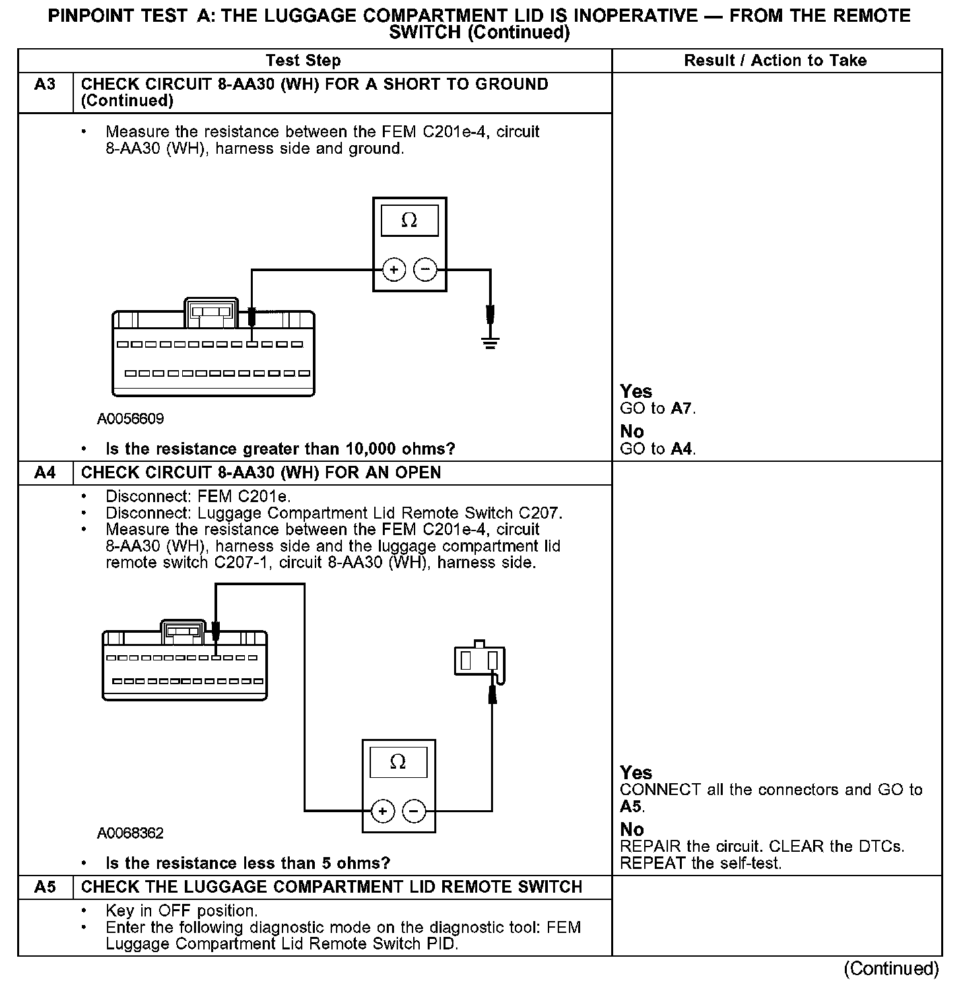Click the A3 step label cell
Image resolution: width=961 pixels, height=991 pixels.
click(x=45, y=85)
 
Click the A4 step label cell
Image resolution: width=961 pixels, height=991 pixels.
click(x=45, y=473)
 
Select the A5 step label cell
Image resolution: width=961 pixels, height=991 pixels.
click(x=45, y=887)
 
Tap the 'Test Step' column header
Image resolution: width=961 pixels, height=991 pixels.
click(x=303, y=61)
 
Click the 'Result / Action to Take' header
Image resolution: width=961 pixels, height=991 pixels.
click(x=775, y=61)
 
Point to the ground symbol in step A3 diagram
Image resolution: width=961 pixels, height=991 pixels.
click(x=490, y=342)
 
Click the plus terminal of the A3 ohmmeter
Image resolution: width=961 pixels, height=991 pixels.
click(x=394, y=269)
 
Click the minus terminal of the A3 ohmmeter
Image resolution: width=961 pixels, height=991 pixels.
click(x=425, y=269)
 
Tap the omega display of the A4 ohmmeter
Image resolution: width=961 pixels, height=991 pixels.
click(x=398, y=762)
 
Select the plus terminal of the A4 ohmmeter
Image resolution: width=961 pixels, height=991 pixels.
click(x=383, y=811)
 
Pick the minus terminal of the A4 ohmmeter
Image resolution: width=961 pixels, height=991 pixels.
click(x=414, y=811)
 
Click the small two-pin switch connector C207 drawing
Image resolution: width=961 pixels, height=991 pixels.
click(x=479, y=660)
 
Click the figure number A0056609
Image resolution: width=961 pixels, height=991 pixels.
click(x=131, y=419)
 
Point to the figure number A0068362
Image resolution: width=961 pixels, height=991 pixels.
click(x=131, y=833)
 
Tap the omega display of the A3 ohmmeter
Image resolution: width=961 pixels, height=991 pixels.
click(x=409, y=220)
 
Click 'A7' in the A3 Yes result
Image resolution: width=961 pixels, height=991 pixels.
click(x=682, y=409)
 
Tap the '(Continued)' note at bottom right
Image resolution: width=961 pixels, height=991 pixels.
click(x=891, y=969)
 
